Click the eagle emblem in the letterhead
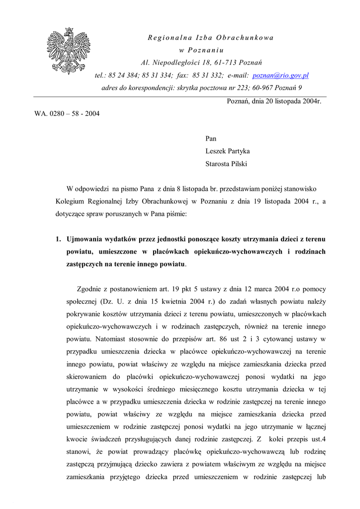tap(69, 51)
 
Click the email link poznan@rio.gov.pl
tap(280, 76)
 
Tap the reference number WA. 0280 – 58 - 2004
tap(67, 114)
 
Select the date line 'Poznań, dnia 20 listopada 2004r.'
tap(274, 101)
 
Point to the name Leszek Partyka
tap(227, 151)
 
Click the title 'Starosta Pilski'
tap(226, 164)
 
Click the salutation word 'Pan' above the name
tap(211, 139)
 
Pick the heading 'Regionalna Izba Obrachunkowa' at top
tap(211, 38)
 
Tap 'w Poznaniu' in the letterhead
tap(201, 50)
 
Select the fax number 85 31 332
tap(207, 76)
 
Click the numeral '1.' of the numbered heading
tap(59, 239)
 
